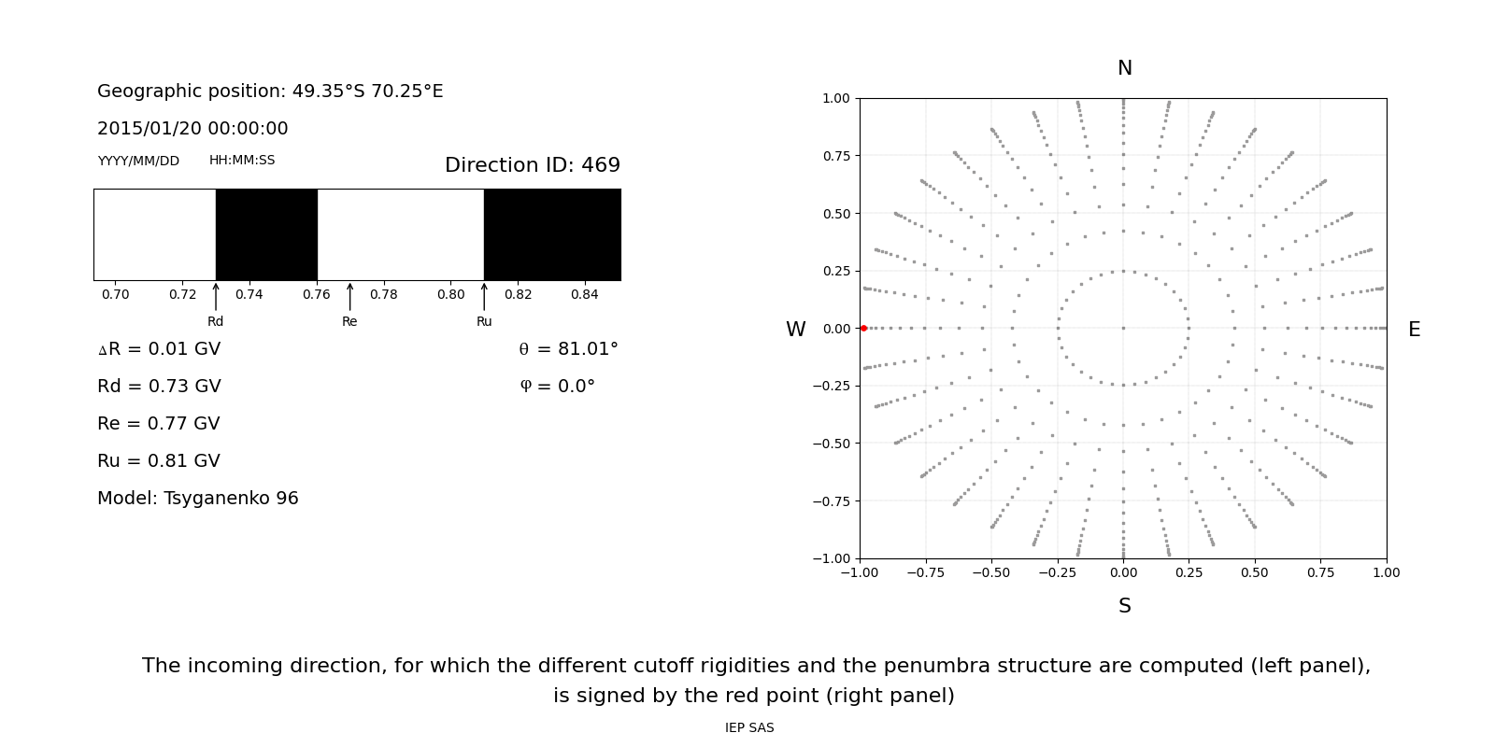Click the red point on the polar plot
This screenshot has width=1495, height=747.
click(863, 329)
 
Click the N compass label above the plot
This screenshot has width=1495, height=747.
click(1124, 68)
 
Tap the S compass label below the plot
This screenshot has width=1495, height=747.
click(1124, 606)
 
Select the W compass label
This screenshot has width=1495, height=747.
click(795, 330)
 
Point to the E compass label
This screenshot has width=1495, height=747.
click(1414, 330)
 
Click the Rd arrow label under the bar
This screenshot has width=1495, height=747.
click(216, 321)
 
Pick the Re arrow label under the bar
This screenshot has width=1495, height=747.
click(349, 321)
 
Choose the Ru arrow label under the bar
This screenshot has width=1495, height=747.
click(484, 321)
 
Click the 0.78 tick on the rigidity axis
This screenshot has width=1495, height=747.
click(383, 295)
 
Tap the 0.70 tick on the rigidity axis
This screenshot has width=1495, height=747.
click(116, 295)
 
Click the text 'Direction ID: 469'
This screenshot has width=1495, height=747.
click(532, 165)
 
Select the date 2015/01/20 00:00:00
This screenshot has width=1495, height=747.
click(192, 129)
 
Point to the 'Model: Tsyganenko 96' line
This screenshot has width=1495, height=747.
click(198, 499)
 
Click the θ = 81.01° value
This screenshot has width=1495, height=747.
click(568, 349)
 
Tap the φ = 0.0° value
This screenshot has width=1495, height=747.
click(557, 387)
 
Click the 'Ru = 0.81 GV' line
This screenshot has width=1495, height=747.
click(159, 461)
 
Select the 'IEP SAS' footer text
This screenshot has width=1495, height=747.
click(749, 727)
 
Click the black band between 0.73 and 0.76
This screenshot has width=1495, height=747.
click(266, 234)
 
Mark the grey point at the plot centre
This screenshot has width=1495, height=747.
click(1123, 328)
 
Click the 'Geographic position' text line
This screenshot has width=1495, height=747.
click(270, 92)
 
